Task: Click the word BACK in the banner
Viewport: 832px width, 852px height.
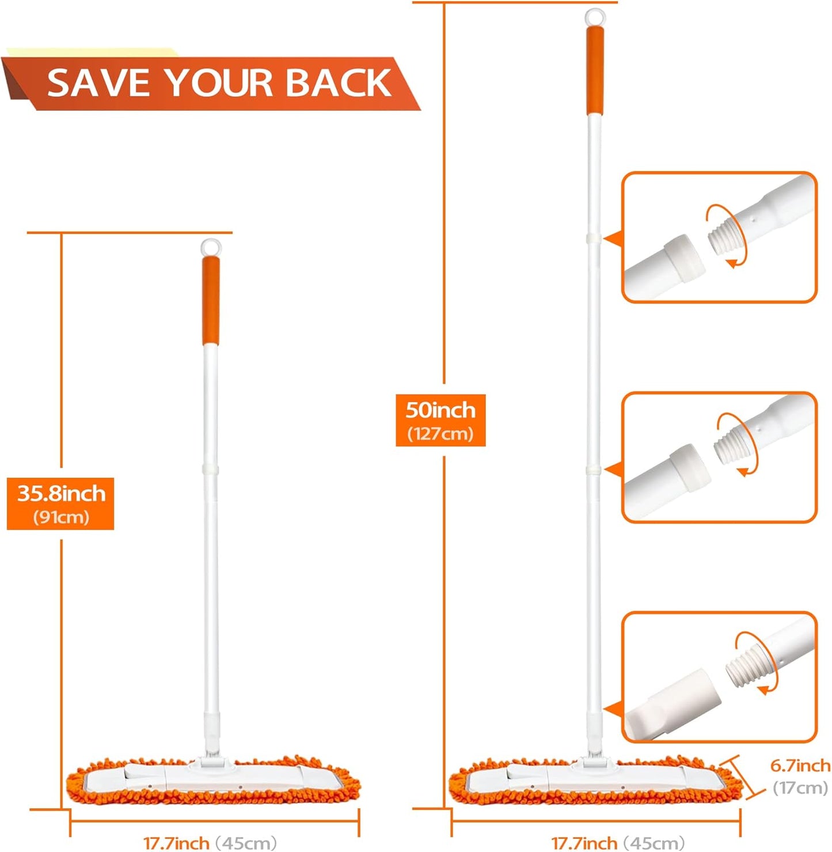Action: click(x=339, y=82)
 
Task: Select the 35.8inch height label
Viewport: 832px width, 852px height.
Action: click(x=61, y=494)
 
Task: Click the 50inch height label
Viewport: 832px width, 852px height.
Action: click(x=440, y=410)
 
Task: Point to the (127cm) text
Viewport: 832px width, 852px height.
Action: click(x=440, y=434)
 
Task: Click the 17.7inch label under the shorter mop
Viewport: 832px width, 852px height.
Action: click(x=176, y=843)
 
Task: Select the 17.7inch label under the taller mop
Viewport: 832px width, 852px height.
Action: click(x=584, y=843)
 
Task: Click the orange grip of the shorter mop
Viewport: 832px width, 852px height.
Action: click(x=211, y=300)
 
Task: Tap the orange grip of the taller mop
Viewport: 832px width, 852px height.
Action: click(x=595, y=70)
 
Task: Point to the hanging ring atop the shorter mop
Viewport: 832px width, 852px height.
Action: click(x=211, y=247)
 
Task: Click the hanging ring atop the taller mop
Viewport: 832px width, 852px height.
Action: click(x=595, y=17)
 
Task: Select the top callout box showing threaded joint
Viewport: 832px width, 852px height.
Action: click(x=719, y=237)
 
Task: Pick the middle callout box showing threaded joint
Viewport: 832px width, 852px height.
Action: click(x=719, y=457)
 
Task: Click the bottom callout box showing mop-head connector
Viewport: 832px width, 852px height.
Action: click(x=719, y=677)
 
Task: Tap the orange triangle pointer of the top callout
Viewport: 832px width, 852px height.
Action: click(x=613, y=239)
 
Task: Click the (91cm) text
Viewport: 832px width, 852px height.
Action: click(x=61, y=517)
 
